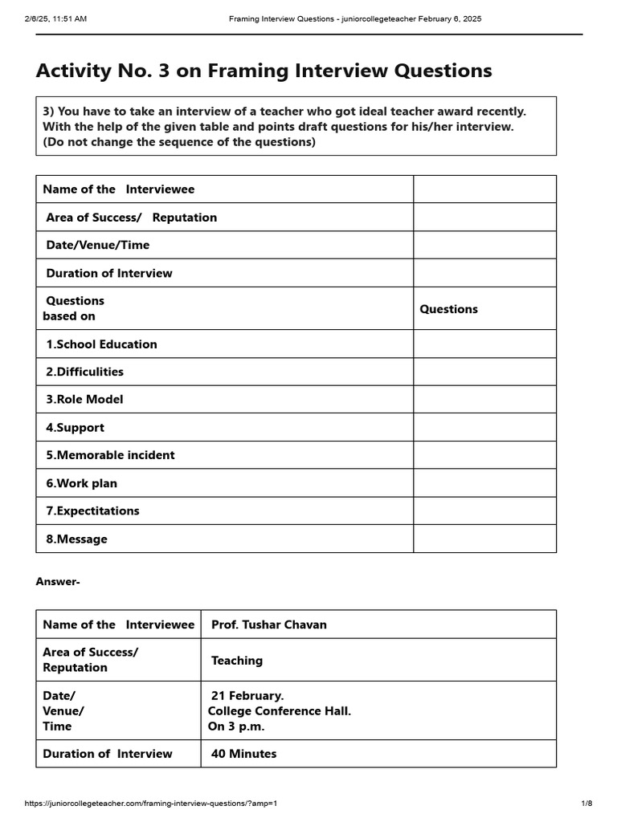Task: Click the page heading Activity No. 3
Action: (x=264, y=71)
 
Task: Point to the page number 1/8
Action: (x=586, y=804)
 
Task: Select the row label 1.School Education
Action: (x=101, y=344)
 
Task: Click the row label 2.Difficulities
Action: (x=84, y=372)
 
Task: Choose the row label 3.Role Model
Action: (x=84, y=399)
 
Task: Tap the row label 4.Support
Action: (x=75, y=427)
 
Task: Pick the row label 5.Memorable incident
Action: (x=110, y=454)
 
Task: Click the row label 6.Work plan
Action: (x=81, y=482)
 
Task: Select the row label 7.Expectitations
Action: (x=92, y=511)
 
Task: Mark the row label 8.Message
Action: (x=76, y=539)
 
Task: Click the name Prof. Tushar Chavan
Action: (x=268, y=625)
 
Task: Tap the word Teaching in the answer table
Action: (x=236, y=660)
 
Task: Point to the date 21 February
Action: (x=247, y=695)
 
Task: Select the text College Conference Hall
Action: (x=280, y=710)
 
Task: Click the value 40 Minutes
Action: (x=243, y=754)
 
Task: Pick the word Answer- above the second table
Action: (x=58, y=581)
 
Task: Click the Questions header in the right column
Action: (x=448, y=308)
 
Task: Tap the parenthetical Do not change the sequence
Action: (x=179, y=142)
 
